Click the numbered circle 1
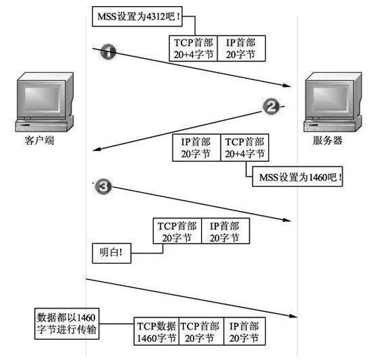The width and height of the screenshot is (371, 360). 108,53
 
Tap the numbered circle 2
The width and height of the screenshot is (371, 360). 270,107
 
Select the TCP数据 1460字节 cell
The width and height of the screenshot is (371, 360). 156,331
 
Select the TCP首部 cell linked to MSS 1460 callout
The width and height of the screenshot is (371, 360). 244,148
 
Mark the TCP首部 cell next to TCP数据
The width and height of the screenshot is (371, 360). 200,331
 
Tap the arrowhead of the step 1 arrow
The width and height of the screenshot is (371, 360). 291,86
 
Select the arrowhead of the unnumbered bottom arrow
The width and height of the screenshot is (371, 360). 291,313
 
